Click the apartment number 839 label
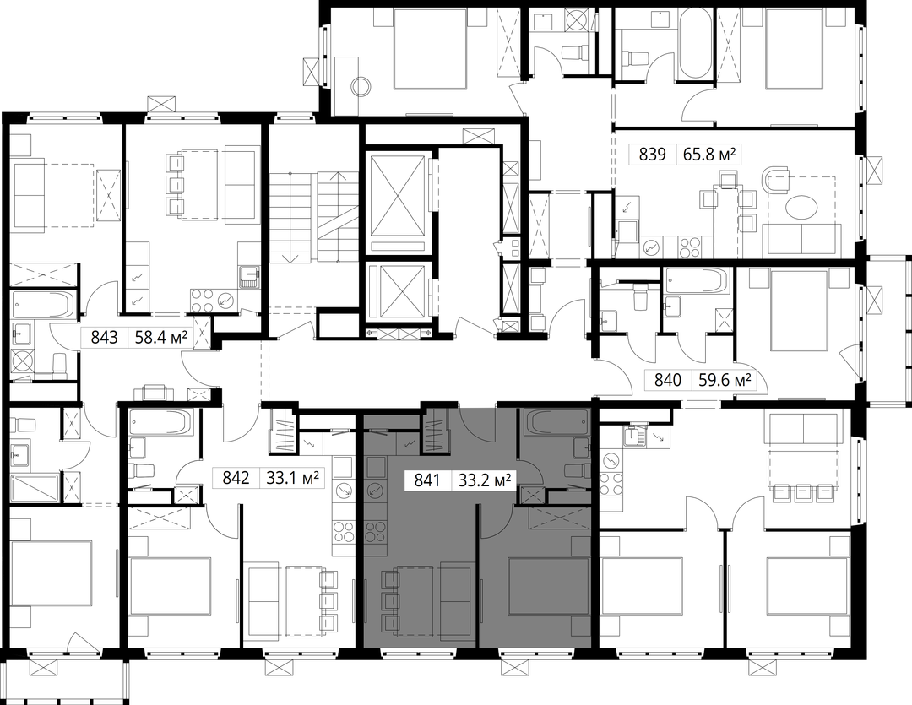point(652,155)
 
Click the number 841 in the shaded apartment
point(427,481)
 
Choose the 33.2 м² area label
point(485,481)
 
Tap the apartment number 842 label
point(236,478)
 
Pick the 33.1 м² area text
point(292,478)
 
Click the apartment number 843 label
point(104,338)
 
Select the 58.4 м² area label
point(161,338)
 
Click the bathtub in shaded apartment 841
point(556,421)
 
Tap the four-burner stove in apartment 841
point(376,532)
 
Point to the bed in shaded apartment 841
point(549,586)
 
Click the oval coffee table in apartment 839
point(801,207)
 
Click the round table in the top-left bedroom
point(361,87)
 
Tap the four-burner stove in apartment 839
point(691,247)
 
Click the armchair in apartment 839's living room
point(775,179)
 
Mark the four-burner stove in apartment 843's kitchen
point(202,300)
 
